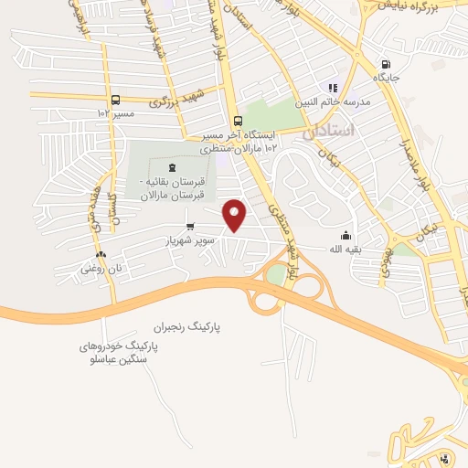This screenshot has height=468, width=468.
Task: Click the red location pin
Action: click(237, 215)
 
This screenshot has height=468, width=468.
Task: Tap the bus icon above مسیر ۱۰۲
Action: click(115, 100)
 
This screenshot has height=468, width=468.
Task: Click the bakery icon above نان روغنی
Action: click(100, 255)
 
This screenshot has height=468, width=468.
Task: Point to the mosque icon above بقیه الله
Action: click(346, 234)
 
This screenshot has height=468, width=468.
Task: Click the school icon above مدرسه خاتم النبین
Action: click(346, 88)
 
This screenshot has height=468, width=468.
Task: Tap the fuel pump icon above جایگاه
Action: click(387, 64)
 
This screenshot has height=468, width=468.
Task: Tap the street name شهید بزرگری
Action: click(174, 101)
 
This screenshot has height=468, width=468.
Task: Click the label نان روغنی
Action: click(101, 269)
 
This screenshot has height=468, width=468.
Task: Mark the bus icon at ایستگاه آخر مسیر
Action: click(238, 121)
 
